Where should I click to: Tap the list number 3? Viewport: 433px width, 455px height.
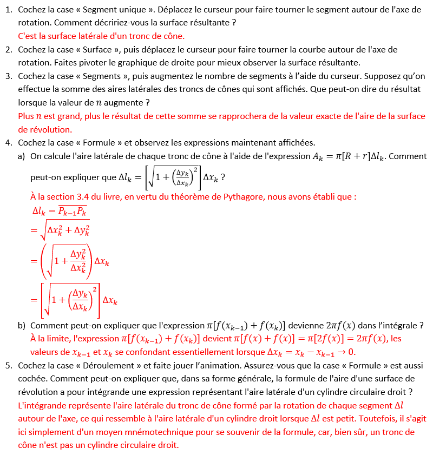[9, 76]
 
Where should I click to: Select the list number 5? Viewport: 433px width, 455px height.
[9, 366]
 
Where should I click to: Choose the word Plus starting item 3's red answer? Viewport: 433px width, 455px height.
[26, 116]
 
